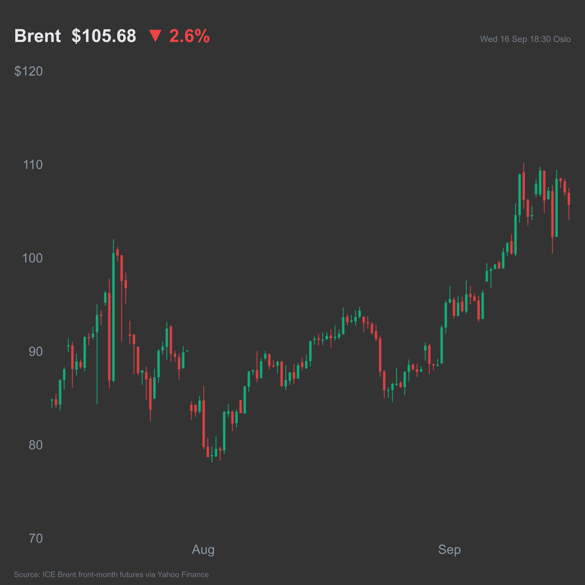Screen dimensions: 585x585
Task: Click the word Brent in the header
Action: tap(38, 36)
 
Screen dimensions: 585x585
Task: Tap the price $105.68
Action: tap(104, 36)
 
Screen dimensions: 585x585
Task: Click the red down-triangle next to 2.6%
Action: tap(155, 36)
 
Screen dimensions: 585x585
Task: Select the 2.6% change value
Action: tap(190, 36)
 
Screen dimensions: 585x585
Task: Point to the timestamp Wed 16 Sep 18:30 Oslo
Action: tap(525, 39)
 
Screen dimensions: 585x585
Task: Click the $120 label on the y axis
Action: tap(28, 71)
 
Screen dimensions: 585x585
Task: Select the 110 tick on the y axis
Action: tap(33, 165)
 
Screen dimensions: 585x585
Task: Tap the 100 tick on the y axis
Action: tap(32, 258)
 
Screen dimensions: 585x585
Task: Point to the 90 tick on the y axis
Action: tap(36, 352)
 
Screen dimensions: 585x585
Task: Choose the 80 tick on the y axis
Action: tap(36, 445)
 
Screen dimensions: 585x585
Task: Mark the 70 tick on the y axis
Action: tap(36, 539)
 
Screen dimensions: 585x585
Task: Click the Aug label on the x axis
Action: tap(203, 550)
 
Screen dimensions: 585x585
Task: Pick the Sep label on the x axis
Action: tap(449, 550)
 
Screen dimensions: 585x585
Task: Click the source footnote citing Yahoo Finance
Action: tap(111, 574)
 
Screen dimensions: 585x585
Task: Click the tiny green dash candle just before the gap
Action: tap(187, 351)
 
